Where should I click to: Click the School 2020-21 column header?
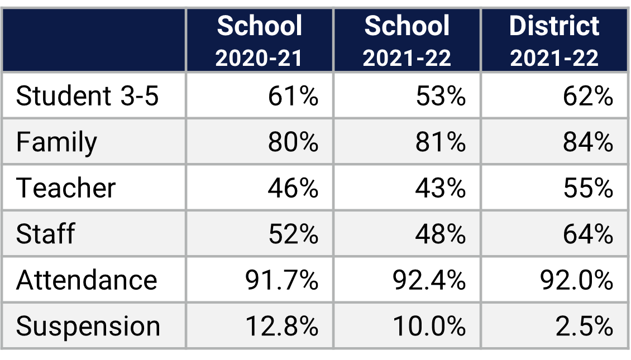point(259,41)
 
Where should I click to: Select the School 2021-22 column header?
point(407,41)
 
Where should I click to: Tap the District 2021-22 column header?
point(554,41)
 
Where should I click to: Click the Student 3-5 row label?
point(87,97)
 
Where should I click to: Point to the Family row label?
point(56,142)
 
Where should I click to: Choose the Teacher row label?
point(66,188)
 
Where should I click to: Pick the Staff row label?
point(45,234)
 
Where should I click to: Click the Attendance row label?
point(87,280)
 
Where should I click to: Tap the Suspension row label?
point(88,326)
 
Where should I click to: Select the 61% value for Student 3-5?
point(293,97)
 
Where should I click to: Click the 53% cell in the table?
point(441,97)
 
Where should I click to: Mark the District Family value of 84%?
point(588,142)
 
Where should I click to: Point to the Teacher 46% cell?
point(293,188)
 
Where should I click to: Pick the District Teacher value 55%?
point(588,188)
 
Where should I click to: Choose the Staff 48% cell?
point(441,234)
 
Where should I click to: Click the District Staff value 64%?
point(588,234)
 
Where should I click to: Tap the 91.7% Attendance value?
point(282,280)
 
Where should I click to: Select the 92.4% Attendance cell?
point(429,280)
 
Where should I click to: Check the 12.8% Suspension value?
point(282,326)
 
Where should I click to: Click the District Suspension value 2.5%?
point(584,326)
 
